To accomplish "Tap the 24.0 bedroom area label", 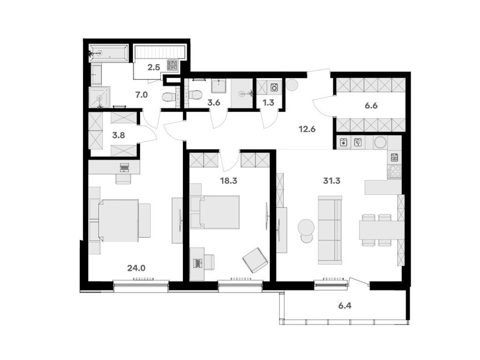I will point(136,268).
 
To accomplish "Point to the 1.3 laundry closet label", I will point(268,102).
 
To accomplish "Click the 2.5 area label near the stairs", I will point(154,67).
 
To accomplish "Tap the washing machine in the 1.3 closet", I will point(275,87).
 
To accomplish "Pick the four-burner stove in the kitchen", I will point(395,172).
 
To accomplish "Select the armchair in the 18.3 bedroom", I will point(255,259).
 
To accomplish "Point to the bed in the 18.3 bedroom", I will point(217,212).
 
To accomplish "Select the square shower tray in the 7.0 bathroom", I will point(99,97).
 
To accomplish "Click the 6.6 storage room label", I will point(371,105).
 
